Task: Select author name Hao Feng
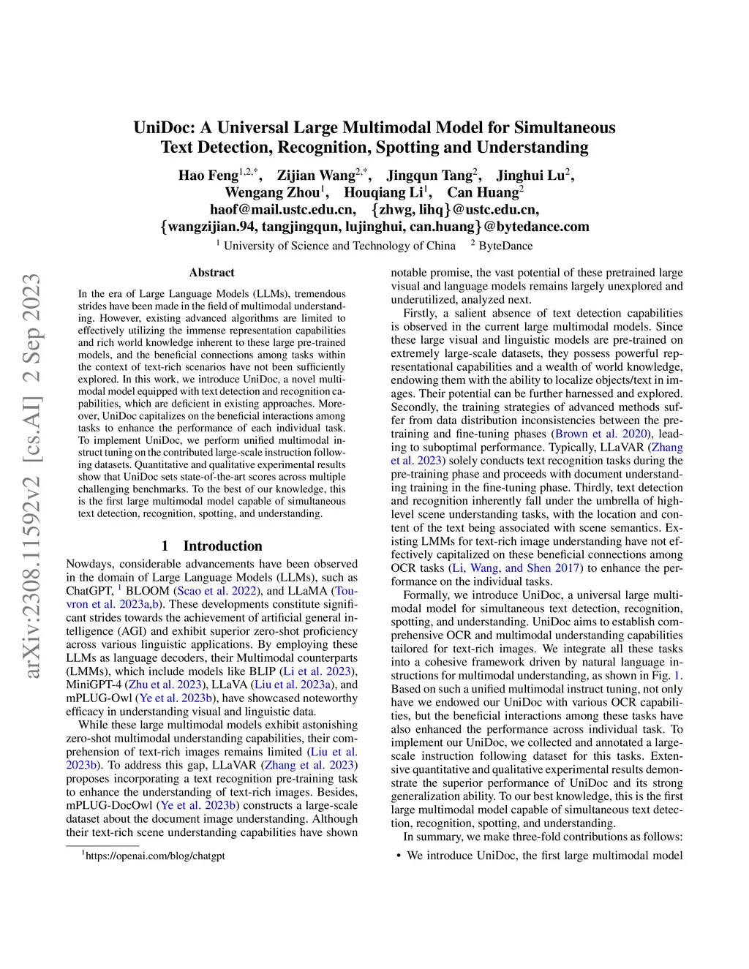(208, 176)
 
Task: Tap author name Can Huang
(482, 193)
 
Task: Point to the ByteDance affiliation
(505, 246)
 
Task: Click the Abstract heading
(211, 273)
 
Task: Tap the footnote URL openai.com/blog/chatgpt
(155, 856)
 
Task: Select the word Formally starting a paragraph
(426, 595)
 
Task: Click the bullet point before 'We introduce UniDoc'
(398, 856)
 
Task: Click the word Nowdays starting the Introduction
(90, 564)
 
